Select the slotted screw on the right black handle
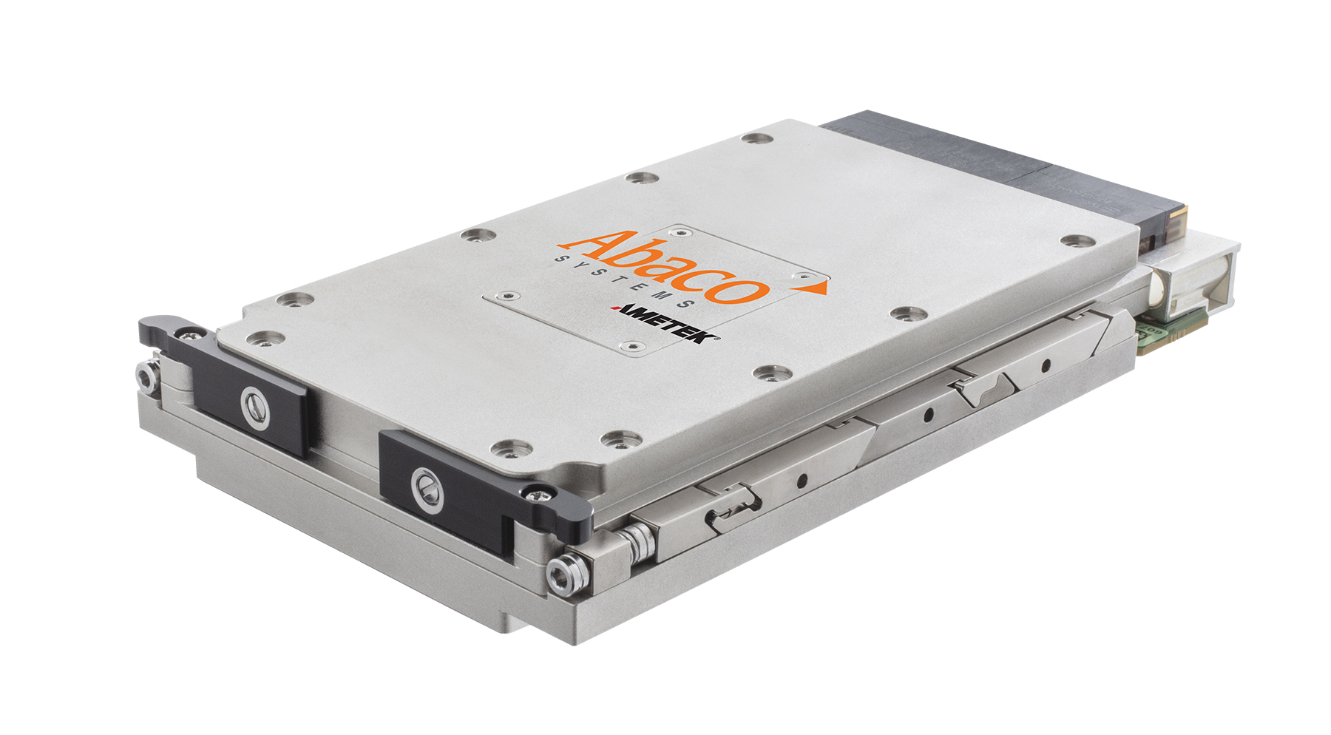426,490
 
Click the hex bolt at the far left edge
146,376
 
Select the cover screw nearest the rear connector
757,138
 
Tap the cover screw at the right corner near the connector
1077,241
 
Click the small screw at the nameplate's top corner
684,231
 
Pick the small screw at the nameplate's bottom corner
630,346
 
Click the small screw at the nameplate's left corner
507,296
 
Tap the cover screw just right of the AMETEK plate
908,314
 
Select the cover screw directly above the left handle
265,339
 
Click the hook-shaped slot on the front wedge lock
732,510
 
